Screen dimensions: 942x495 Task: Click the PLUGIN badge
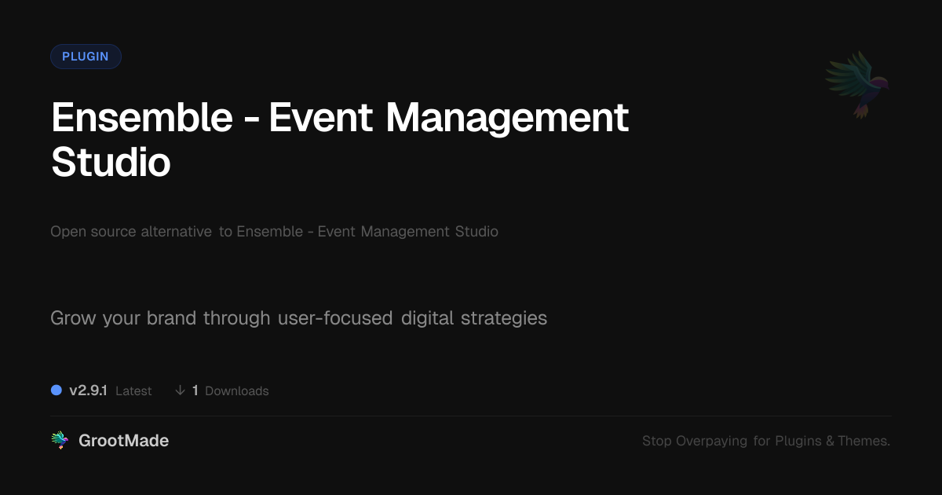[x=86, y=57]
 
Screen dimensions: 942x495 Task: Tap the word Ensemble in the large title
[x=142, y=117]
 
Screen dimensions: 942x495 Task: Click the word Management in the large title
[x=507, y=119]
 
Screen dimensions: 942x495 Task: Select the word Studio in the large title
[x=111, y=162]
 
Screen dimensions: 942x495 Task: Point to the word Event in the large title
[x=320, y=117]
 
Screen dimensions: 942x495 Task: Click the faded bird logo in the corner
[x=857, y=85]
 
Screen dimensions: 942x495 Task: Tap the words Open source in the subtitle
[x=93, y=232]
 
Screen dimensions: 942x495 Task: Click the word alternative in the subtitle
[x=176, y=231]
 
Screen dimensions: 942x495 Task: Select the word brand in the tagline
[x=172, y=317]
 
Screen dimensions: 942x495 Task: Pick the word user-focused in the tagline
[x=335, y=317]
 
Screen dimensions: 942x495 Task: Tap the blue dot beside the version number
[x=57, y=390]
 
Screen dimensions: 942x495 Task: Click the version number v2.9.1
[x=88, y=390]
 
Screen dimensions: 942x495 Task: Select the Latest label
[x=133, y=391]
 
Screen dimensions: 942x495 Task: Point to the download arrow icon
[x=180, y=390]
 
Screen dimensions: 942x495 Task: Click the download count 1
[x=195, y=390]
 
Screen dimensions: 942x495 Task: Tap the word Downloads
[x=237, y=391]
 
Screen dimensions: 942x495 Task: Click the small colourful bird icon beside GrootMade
[x=60, y=440]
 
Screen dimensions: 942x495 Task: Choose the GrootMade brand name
[x=124, y=441]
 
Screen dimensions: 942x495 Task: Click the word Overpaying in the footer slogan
[x=711, y=441]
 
